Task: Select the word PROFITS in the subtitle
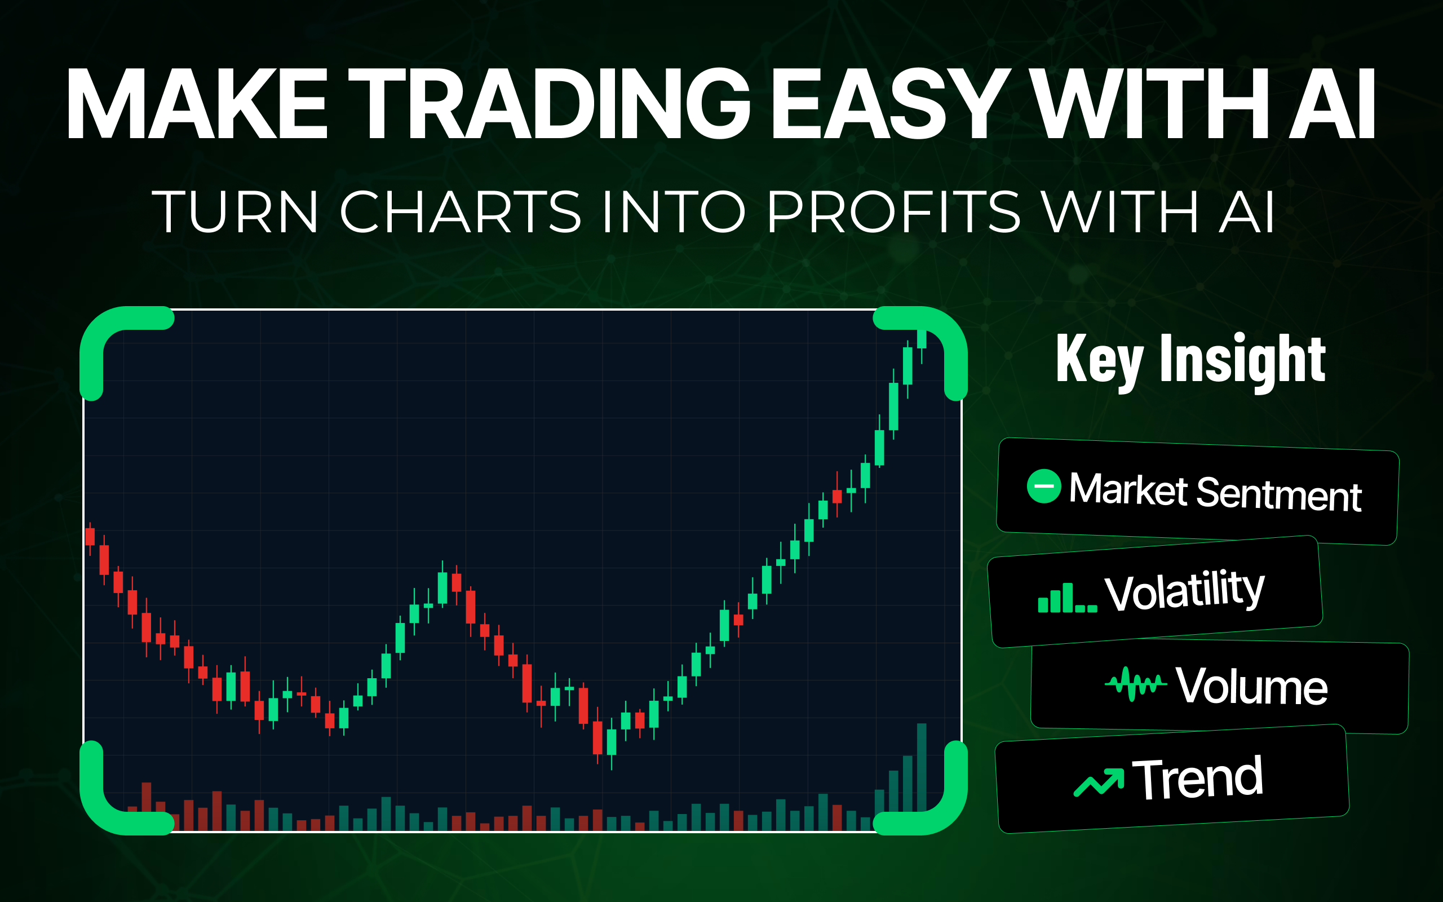pos(893,212)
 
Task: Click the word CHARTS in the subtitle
pos(460,212)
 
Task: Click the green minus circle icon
pos(1043,486)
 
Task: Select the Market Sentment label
pos(1215,492)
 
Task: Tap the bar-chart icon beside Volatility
pos(1068,598)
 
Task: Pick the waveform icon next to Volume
pos(1135,684)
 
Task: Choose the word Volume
pos(1251,686)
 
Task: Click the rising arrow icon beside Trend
pos(1099,782)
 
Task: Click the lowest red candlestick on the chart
pos(597,737)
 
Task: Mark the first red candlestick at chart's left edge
pos(90,536)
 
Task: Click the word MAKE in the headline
pos(197,104)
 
